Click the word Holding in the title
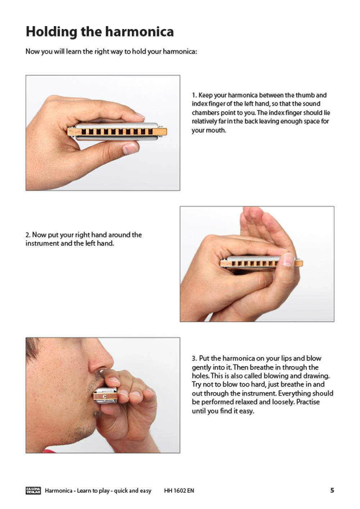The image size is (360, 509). coord(51,32)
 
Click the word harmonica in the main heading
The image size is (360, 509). coord(139,31)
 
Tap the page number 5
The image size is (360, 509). coord(332,490)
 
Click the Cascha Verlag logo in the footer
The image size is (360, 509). coord(33,490)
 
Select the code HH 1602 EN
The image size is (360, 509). coord(179,490)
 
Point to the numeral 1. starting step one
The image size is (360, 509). coord(194,95)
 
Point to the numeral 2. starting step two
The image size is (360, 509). coord(28,235)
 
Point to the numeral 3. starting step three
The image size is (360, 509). coord(194,358)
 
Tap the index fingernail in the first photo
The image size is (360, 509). coord(141,116)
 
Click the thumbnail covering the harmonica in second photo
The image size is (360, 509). coord(288,259)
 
